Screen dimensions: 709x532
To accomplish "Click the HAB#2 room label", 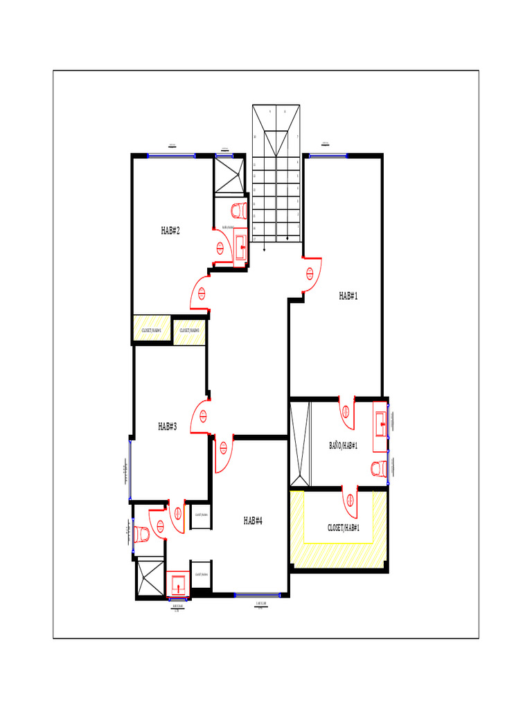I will pyautogui.click(x=170, y=231).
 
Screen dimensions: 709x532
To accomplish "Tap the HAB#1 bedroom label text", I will pyautogui.click(x=348, y=296).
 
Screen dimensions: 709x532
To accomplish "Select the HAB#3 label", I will pyautogui.click(x=168, y=427).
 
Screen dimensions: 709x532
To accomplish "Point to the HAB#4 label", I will pyautogui.click(x=253, y=521).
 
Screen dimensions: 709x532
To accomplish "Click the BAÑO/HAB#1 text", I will pyautogui.click(x=343, y=445).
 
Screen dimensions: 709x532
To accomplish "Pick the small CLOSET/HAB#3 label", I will pyautogui.click(x=189, y=331).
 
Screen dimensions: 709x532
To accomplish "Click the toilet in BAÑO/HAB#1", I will pyautogui.click(x=378, y=469).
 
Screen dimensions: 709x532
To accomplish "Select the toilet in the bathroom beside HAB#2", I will pyautogui.click(x=238, y=210).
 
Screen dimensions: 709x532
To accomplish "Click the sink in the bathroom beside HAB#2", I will pyautogui.click(x=240, y=244).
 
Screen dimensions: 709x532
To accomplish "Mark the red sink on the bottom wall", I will pyautogui.click(x=178, y=584).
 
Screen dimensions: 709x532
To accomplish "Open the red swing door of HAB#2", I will pyautogui.click(x=201, y=293).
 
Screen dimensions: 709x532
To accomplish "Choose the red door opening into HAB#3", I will pyautogui.click(x=201, y=417).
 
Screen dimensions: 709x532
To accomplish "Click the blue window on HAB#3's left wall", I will pyautogui.click(x=130, y=469).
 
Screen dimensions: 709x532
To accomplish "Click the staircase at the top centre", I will pyautogui.click(x=276, y=173).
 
